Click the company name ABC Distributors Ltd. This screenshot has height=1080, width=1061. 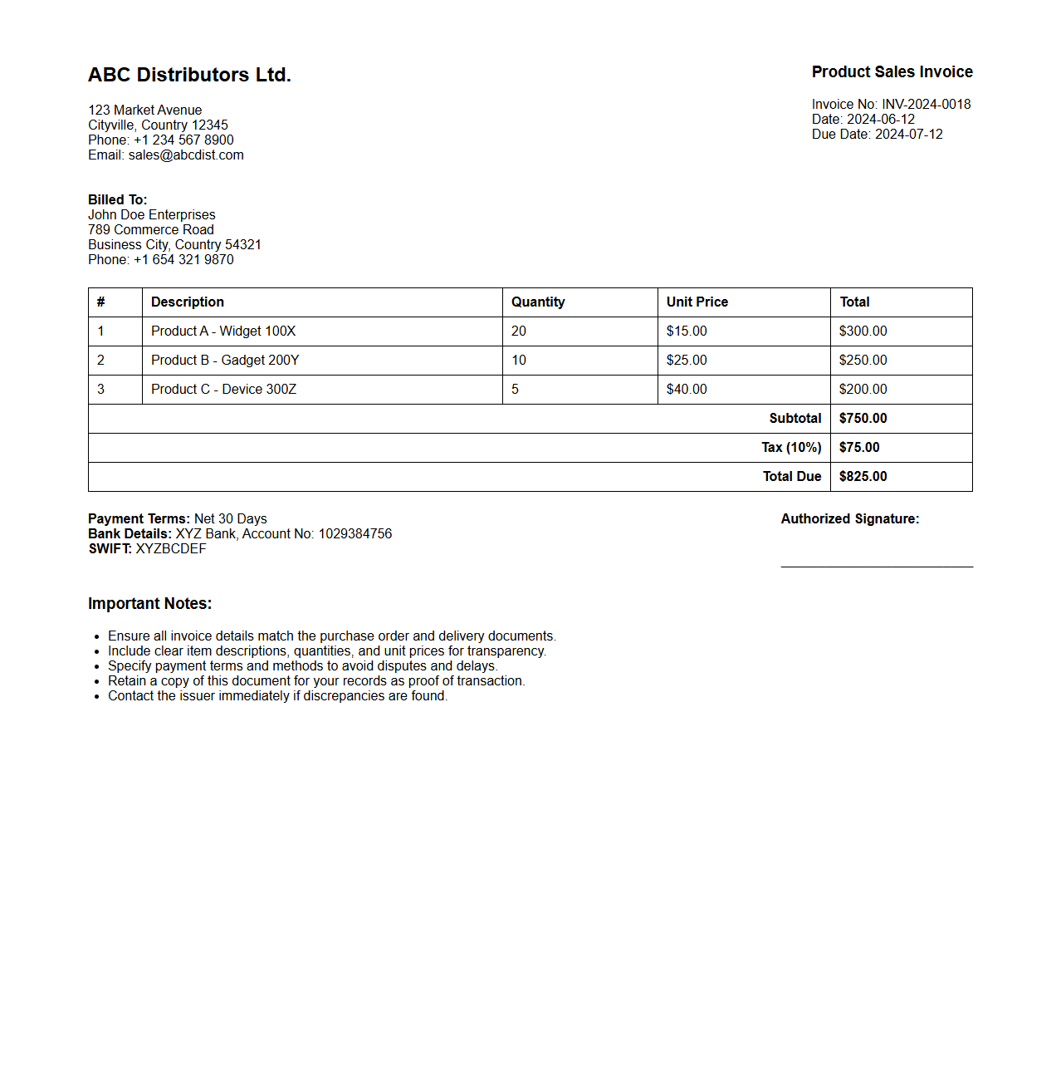coord(189,75)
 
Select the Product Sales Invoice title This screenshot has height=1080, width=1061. coord(892,72)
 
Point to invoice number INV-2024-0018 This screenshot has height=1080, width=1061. coord(926,105)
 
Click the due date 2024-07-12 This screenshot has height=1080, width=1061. coord(908,135)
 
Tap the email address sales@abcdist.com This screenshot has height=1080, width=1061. coord(186,155)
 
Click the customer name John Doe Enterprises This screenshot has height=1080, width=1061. coord(152,215)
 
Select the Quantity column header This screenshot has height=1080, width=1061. coord(538,302)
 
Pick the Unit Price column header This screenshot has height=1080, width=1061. coord(697,302)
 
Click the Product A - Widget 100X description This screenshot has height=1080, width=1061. coord(223,331)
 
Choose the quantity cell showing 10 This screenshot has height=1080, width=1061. coord(519,361)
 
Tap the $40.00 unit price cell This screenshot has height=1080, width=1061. coord(687,390)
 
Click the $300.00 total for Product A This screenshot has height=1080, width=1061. coord(863,331)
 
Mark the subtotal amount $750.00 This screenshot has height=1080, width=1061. coord(863,419)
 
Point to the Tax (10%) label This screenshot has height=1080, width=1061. coord(791,448)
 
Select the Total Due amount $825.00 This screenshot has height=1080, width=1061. coord(863,477)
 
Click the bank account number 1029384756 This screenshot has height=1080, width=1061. coord(355,534)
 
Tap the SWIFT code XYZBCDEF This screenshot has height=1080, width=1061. coord(171,549)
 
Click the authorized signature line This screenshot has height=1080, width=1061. coord(877,566)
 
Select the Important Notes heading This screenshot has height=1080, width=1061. coord(150,604)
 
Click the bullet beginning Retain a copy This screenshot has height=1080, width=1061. coord(316,681)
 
